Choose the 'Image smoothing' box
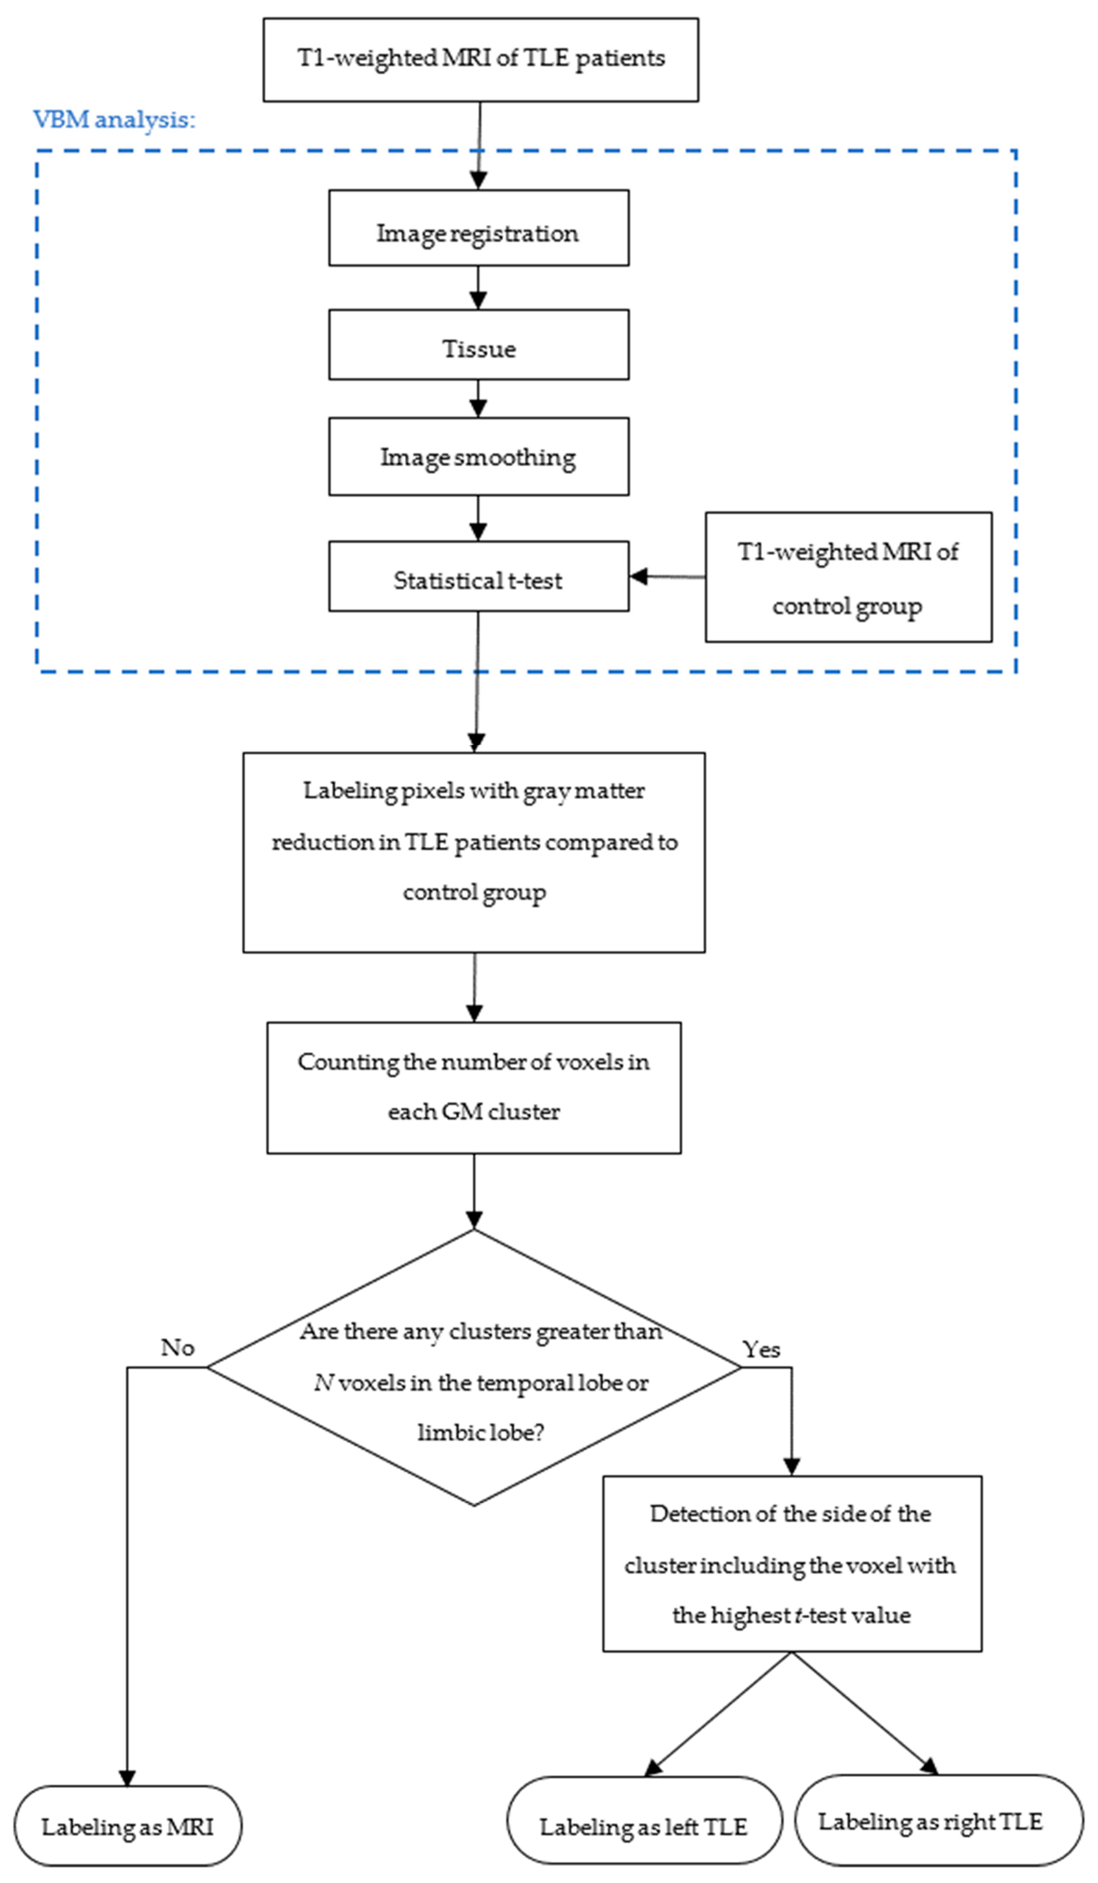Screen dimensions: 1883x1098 478,457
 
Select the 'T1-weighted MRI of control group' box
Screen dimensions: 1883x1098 848,577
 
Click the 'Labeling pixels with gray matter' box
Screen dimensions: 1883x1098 474,852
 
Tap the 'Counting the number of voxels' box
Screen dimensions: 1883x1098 474,1087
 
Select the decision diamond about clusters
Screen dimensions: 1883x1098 474,1367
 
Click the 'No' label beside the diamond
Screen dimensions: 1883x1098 178,1347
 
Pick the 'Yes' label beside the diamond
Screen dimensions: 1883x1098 761,1349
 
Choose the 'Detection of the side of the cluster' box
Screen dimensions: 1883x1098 792,1564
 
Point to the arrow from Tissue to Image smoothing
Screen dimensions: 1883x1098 478,398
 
